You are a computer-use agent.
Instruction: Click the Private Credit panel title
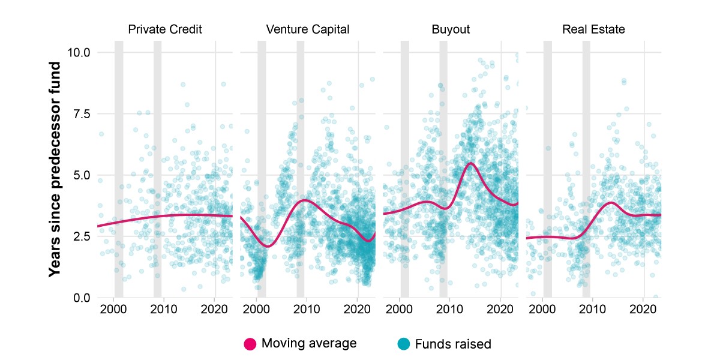coord(165,29)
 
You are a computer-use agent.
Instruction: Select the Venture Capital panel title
coord(308,29)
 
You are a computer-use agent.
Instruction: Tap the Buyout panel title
coord(451,29)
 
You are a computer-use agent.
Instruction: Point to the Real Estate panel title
coord(593,29)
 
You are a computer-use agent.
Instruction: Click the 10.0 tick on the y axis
coord(79,52)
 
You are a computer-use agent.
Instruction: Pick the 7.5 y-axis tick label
coord(82,114)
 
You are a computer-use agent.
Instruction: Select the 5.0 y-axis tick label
coord(82,175)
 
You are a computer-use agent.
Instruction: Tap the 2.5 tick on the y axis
coord(82,236)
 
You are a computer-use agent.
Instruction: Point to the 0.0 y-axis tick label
coord(82,298)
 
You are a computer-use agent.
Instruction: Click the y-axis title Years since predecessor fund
coord(55,169)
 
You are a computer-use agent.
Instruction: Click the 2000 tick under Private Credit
coord(113,309)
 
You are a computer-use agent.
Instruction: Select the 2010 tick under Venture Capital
coord(307,309)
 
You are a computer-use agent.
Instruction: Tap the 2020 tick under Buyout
coord(500,309)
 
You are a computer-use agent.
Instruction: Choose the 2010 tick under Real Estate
coord(592,309)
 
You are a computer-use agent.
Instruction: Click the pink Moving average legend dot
coord(250,344)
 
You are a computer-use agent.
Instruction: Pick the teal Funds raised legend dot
coord(403,344)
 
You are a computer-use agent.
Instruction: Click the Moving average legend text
coord(309,343)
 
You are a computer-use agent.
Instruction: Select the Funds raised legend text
coord(453,344)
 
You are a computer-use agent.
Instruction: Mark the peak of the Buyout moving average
coord(471,163)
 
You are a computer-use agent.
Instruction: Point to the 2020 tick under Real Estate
coord(643,309)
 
